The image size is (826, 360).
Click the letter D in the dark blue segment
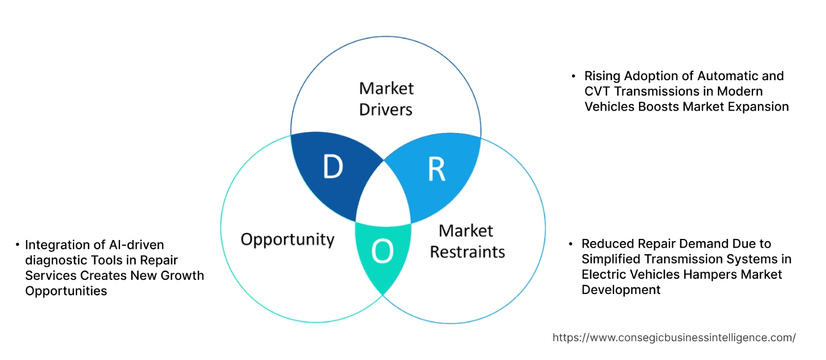coord(333,167)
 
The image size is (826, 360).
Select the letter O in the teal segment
coord(382,251)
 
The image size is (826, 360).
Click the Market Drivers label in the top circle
coord(385,99)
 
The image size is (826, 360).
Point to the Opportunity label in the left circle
coord(287,239)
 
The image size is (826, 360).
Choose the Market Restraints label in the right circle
coord(467,241)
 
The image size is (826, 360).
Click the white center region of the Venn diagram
coord(384,196)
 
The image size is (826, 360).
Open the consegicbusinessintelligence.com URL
coord(674,338)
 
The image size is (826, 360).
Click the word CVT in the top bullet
coord(597,91)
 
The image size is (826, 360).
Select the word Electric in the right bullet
coord(603,274)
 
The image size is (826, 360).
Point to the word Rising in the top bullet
coord(602,76)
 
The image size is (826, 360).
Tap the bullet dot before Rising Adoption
coord(573,76)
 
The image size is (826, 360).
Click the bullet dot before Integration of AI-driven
coord(17,245)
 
